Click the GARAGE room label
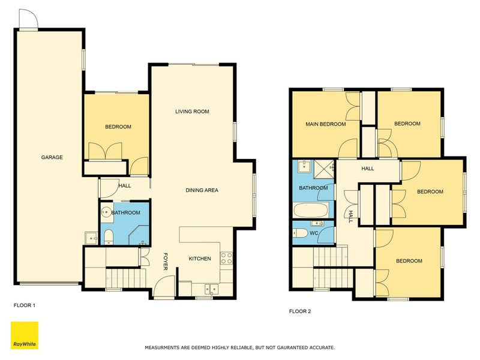(x=52, y=157)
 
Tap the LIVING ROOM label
(x=192, y=112)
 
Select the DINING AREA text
(x=202, y=190)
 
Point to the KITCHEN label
(x=200, y=259)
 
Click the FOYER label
(x=166, y=261)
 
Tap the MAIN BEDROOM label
(x=326, y=124)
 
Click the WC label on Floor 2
(x=314, y=233)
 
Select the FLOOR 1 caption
(x=25, y=305)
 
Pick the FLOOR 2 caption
(x=300, y=311)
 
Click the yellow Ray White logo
(x=25, y=335)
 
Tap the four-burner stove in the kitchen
(x=227, y=258)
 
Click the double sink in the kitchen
(x=211, y=289)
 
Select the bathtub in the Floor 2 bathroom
(x=311, y=211)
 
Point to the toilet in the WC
(x=299, y=233)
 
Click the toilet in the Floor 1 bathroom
(x=109, y=237)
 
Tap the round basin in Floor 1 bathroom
(x=107, y=212)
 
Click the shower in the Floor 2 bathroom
(x=325, y=167)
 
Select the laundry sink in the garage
(x=91, y=238)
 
